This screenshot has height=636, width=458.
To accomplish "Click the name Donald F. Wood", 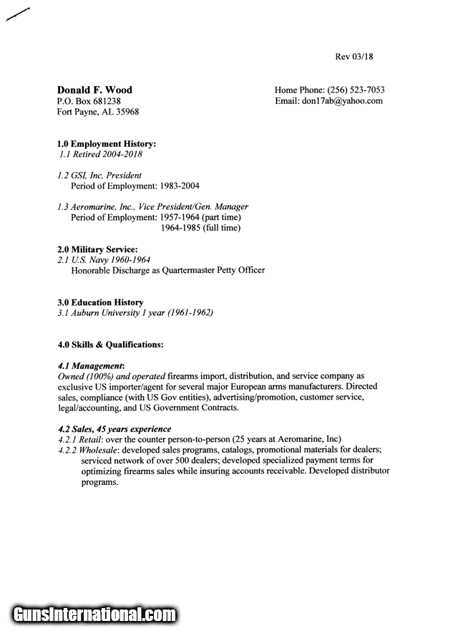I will (x=94, y=90).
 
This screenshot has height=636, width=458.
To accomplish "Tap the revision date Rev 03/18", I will (x=355, y=57).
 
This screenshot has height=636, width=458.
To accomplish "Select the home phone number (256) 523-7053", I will (x=356, y=90).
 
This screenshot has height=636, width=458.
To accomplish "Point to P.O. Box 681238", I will (x=89, y=101).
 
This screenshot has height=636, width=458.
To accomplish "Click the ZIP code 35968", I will (x=127, y=112).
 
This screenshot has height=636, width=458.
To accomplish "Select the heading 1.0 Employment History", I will (x=107, y=144).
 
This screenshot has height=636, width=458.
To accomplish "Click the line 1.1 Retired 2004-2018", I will (x=100, y=154).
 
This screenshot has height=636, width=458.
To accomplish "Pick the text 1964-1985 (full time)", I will (x=200, y=228).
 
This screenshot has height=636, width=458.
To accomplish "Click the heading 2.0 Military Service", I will (x=97, y=249).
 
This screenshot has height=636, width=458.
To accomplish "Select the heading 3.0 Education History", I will (x=100, y=302).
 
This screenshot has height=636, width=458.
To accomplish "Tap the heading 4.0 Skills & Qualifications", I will (x=110, y=344).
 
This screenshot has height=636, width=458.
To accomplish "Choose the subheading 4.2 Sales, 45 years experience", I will (x=114, y=429).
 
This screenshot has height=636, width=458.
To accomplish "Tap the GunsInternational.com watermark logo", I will (x=93, y=615).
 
